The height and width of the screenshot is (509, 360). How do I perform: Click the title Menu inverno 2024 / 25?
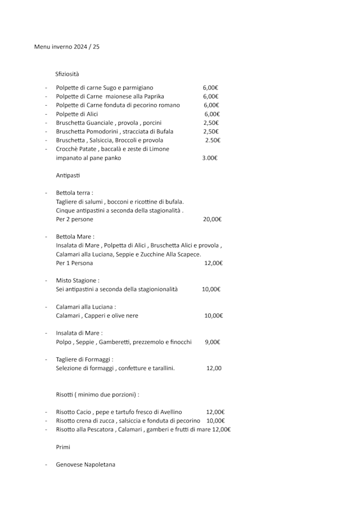[67, 47]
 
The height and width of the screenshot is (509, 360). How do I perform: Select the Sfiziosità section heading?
[67, 74]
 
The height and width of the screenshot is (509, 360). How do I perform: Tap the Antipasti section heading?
[68, 175]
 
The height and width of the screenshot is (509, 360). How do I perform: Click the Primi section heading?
[64, 447]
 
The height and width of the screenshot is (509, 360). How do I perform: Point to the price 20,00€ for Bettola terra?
[212, 219]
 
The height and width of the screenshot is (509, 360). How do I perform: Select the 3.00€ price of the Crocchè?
[210, 158]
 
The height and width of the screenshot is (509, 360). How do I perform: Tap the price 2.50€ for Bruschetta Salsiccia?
[212, 140]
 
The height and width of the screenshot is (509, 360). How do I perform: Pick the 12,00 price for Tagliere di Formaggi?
[214, 368]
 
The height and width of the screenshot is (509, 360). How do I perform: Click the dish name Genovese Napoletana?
[85, 465]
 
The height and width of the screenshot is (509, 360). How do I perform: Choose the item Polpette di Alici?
[77, 114]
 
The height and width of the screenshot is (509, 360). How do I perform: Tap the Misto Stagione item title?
[78, 280]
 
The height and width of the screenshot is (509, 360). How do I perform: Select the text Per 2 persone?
[75, 219]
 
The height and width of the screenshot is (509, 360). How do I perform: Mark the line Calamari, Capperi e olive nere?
[97, 316]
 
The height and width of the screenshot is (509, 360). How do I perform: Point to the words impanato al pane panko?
[88, 158]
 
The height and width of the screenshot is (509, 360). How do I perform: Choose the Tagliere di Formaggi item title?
[85, 359]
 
